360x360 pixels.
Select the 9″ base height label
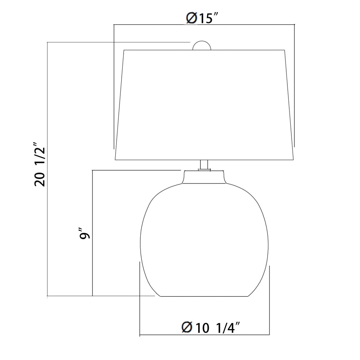pyautogui.click(x=85, y=234)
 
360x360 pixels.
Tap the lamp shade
pyautogui.click(x=204, y=105)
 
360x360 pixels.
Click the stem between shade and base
pyautogui.click(x=204, y=165)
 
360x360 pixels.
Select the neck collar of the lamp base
pyautogui.click(x=204, y=177)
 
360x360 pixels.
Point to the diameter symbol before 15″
pyautogui.click(x=192, y=19)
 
